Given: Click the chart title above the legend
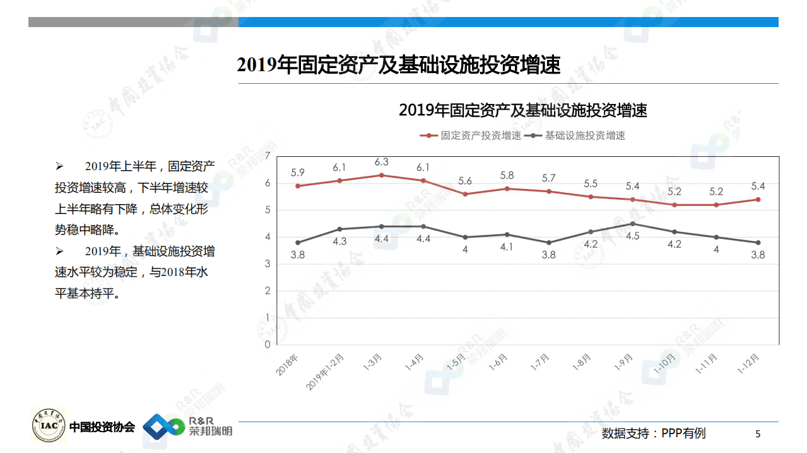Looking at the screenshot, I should point(523,111).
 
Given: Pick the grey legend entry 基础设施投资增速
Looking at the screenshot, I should point(578,135).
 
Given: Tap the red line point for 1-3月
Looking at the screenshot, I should point(381,175).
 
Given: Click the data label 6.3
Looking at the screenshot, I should point(381,162).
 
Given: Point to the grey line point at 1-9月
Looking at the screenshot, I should point(633,224).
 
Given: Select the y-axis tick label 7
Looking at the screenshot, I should point(268,156).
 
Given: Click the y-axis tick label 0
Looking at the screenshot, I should point(268,345).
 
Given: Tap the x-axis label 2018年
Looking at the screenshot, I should point(287,365).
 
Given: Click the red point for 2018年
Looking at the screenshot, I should point(298,186).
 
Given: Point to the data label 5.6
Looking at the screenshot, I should point(465,181).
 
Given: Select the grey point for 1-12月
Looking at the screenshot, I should point(758,243).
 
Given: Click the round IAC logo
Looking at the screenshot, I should point(49,425).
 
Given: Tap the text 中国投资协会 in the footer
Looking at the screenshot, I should point(102,427).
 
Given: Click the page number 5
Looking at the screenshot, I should point(758,434).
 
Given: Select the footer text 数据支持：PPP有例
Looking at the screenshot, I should point(654,433).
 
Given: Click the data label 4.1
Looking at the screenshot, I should point(507,247).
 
